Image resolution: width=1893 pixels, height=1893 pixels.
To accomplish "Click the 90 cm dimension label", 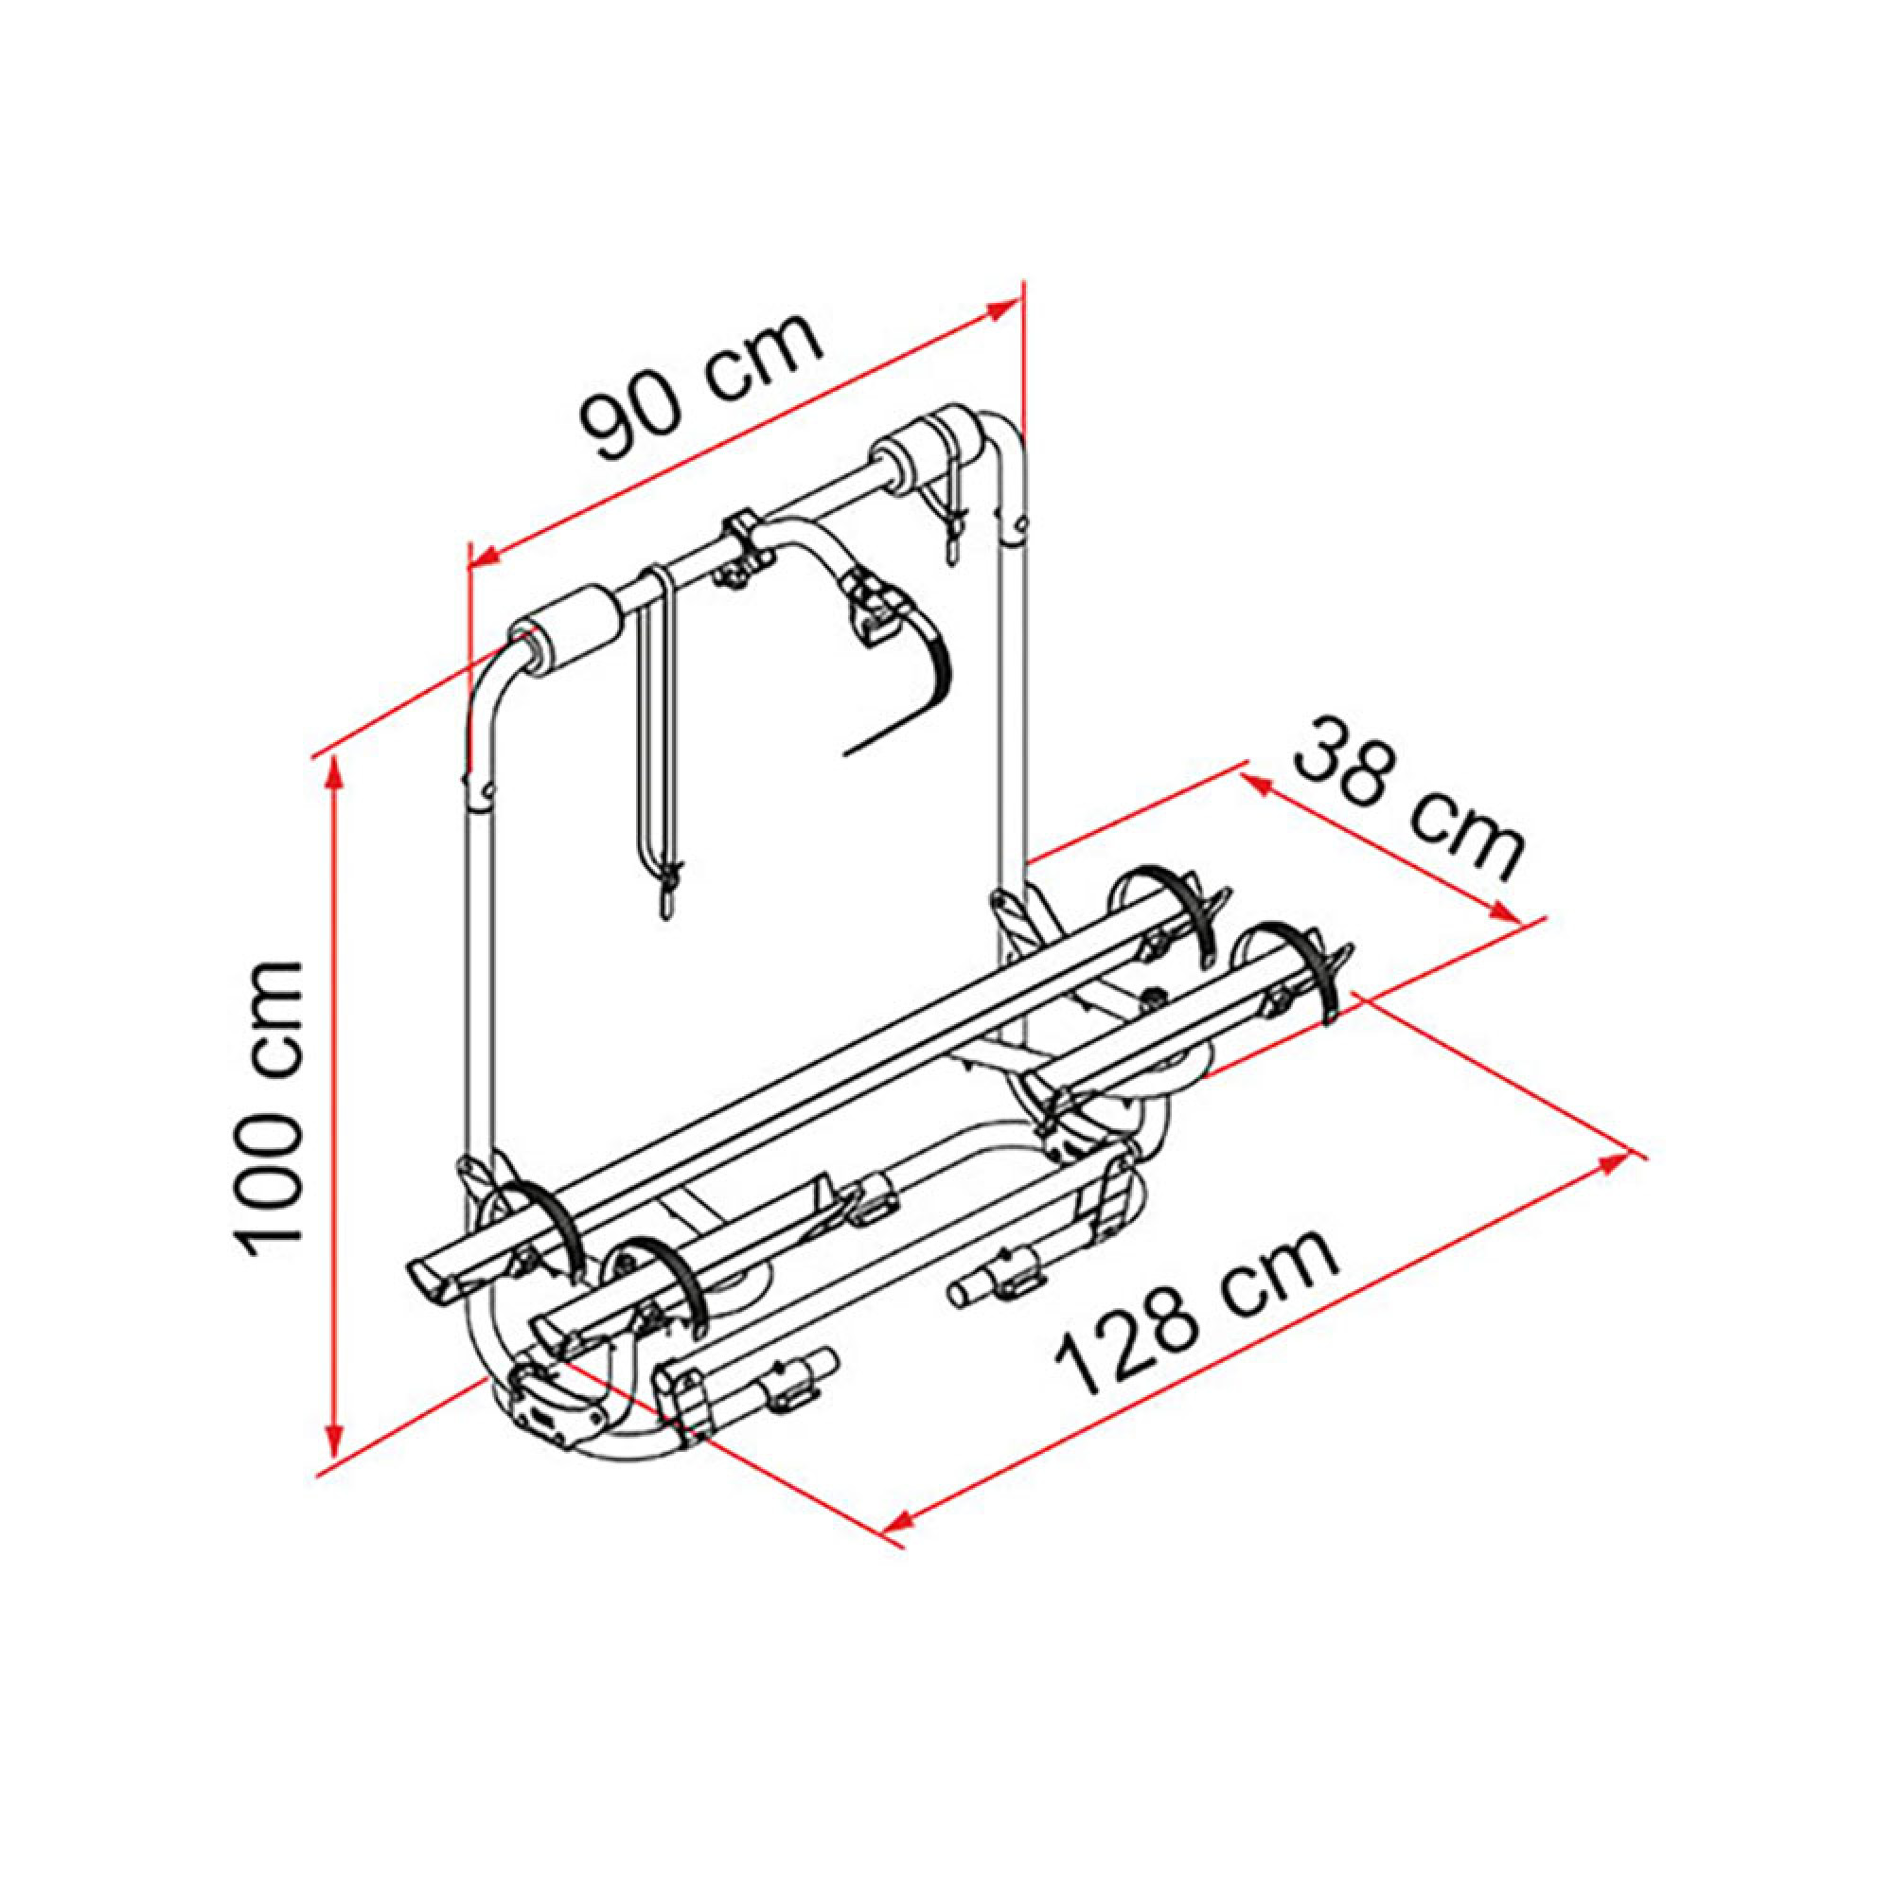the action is pyautogui.click(x=699, y=385).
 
